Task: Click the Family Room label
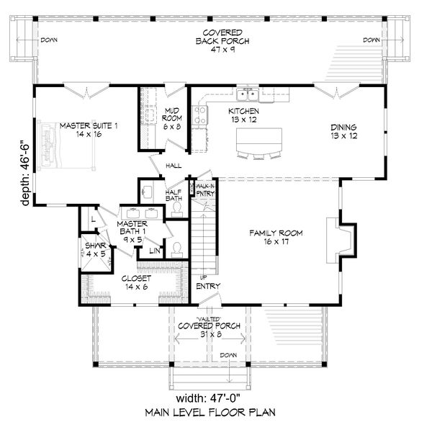click(x=276, y=238)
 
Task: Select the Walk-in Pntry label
click(x=204, y=189)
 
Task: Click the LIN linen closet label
click(x=154, y=251)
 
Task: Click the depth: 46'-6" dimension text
click(x=27, y=173)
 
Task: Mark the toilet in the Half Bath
click(x=176, y=207)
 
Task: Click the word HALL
click(x=174, y=165)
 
